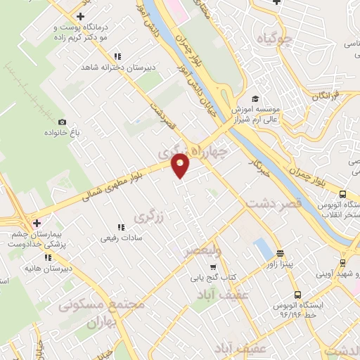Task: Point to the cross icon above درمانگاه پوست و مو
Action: coord(81,15)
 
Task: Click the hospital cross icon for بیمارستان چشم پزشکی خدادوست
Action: coord(37,223)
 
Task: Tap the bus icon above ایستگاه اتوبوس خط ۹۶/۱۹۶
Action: coord(298,295)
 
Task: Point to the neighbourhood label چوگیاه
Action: coord(275,38)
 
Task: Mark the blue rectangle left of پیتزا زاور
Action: coord(262,248)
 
